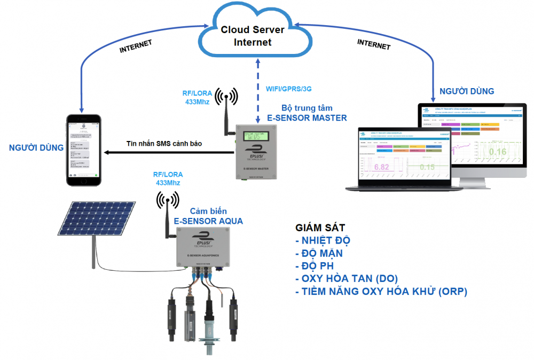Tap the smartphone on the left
tap(83, 150)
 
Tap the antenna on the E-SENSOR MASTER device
tap(226, 115)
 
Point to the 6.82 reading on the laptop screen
tap(381, 167)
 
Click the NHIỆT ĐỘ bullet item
tap(323, 240)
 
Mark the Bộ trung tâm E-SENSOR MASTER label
tap(307, 113)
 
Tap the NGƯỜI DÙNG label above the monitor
tap(466, 91)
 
